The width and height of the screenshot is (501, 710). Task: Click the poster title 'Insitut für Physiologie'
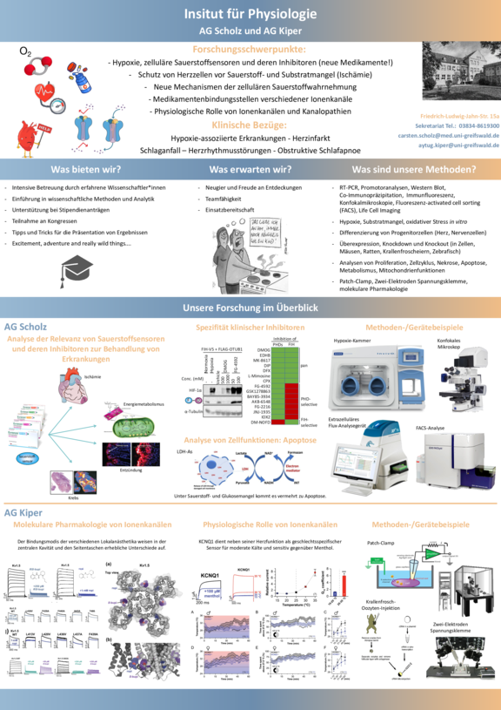250,14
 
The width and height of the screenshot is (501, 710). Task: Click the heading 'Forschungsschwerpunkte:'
250,51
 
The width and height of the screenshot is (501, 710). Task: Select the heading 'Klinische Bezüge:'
250,125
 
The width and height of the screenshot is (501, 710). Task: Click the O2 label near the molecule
25,52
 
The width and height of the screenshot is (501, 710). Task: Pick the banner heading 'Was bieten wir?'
83,169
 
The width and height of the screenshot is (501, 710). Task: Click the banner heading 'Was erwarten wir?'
250,169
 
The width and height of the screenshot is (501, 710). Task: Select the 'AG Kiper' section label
23,513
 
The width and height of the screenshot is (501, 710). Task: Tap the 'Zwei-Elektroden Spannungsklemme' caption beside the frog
455,625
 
